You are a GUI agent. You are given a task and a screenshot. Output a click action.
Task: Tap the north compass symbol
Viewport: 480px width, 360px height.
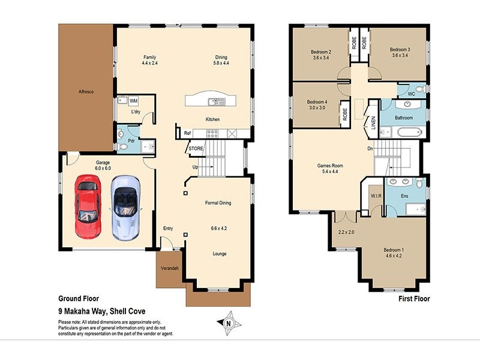click(x=228, y=323)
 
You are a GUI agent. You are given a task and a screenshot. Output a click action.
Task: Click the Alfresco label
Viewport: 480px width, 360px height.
click(x=86, y=92)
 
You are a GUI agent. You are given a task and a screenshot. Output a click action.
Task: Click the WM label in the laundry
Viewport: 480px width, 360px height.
click(x=133, y=101)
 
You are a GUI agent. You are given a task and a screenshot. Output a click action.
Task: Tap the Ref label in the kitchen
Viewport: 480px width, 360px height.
click(x=187, y=133)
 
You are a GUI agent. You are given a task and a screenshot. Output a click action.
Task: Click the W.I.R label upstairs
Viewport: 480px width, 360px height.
click(x=376, y=196)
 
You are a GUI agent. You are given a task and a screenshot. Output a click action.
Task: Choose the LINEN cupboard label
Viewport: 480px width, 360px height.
click(x=373, y=122)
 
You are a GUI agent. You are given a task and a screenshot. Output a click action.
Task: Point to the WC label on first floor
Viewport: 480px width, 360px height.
click(x=412, y=94)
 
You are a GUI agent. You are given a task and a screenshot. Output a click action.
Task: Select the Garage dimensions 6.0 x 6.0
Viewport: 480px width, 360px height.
click(x=104, y=169)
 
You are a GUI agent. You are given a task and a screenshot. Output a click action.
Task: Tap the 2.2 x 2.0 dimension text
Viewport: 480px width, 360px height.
click(x=347, y=232)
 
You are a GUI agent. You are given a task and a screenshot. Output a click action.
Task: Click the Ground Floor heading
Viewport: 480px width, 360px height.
click(x=78, y=298)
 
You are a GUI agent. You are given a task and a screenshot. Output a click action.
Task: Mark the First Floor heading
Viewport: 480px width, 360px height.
click(x=414, y=298)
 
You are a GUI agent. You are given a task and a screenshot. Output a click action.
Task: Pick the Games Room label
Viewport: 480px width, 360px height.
click(x=329, y=165)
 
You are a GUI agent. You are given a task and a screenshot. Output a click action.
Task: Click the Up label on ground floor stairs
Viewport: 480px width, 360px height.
click(x=195, y=166)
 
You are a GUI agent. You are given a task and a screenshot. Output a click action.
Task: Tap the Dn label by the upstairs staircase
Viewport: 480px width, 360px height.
click(x=371, y=149)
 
